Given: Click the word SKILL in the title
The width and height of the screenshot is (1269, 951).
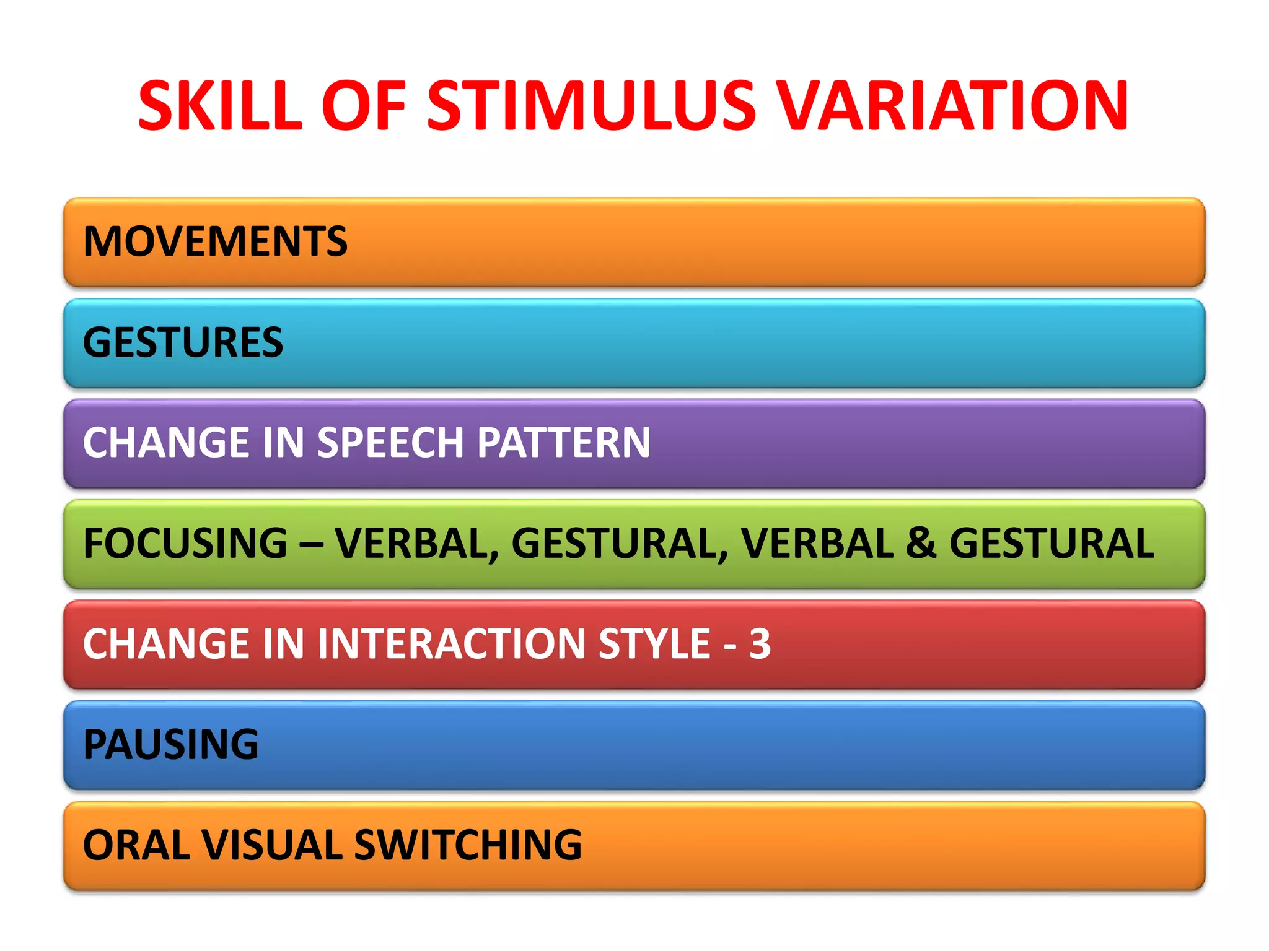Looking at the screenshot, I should point(221,106).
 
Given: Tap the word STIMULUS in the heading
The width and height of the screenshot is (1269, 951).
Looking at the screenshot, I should point(592,106).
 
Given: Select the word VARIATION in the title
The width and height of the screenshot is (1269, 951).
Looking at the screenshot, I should point(952,106).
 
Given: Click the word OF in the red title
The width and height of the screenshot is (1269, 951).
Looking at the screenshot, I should point(364,106).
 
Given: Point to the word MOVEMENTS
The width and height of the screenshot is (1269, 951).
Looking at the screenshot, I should point(215,241).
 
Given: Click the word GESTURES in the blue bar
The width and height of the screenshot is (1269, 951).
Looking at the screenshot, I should point(183,342).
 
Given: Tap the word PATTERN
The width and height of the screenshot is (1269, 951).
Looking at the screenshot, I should point(563,443).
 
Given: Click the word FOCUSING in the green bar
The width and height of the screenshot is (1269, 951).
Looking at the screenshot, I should point(185,544).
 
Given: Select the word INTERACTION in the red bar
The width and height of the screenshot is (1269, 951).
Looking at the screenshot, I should point(452,644).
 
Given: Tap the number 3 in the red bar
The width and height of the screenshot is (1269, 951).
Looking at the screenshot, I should point(760,644).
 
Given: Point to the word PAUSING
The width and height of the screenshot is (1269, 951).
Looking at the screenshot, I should point(170,745).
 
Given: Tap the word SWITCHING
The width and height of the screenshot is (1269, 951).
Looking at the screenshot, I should point(468,845).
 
